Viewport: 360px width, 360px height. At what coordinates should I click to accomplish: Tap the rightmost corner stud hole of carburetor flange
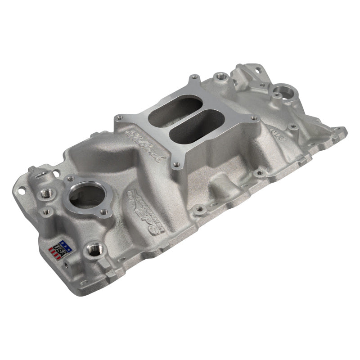[254, 118]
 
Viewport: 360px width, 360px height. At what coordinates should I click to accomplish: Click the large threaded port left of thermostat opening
[47, 193]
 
